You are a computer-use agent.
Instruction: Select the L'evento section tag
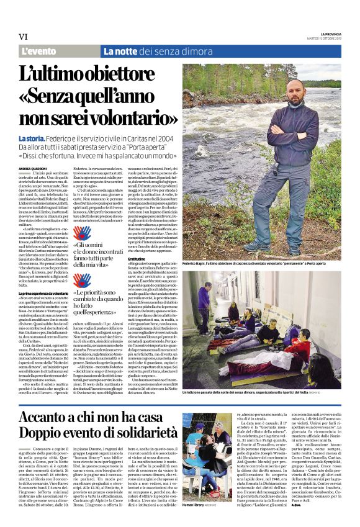[38, 52]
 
